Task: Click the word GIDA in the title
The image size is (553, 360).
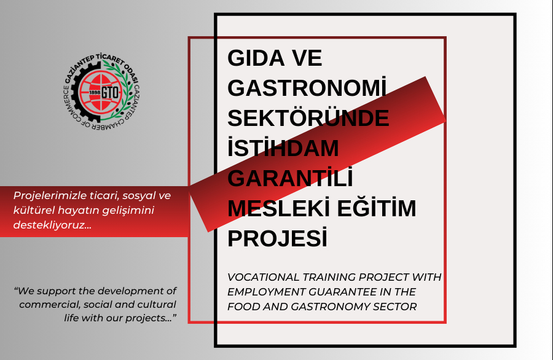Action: pos(256,58)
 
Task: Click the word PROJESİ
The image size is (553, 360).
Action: pos(277,237)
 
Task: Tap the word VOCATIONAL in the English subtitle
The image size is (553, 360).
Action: pos(263,277)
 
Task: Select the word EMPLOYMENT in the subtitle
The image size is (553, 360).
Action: pos(266,292)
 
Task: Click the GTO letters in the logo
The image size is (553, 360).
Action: pos(111,92)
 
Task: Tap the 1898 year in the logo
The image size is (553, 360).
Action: pos(95,92)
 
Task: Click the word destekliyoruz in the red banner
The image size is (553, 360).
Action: pos(52,225)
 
